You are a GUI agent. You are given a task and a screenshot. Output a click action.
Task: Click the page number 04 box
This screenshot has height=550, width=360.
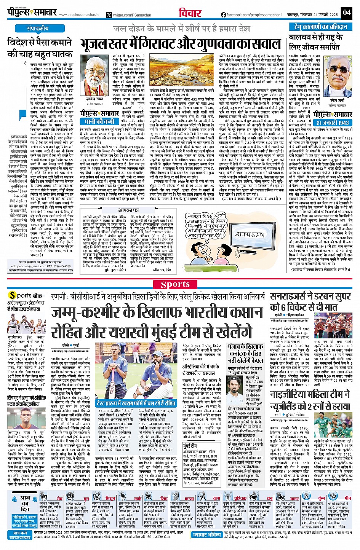coord(346,12)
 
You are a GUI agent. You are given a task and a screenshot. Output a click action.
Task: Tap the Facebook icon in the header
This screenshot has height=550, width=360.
coord(223,15)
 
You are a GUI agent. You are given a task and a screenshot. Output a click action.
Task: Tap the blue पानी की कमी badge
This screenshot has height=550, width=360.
coord(99,121)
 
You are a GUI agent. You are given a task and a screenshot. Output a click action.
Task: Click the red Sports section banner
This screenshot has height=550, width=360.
coord(175,284)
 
